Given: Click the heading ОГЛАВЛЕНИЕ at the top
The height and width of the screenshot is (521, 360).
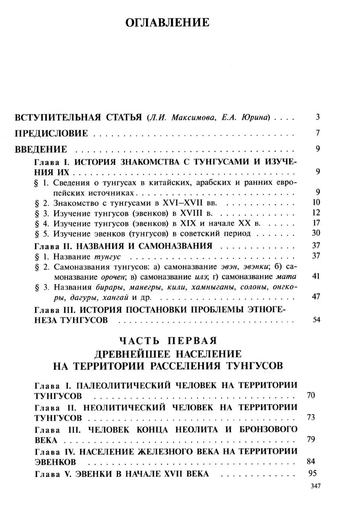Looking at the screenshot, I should pyautogui.click(x=167, y=23).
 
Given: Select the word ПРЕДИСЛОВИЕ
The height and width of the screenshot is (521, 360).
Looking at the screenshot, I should pyautogui.click(x=51, y=134).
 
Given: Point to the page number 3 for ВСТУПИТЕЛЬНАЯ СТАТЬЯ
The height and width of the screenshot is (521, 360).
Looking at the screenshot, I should pyautogui.click(x=318, y=117).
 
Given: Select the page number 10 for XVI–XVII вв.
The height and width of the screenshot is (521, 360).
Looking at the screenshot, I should pyautogui.click(x=316, y=202).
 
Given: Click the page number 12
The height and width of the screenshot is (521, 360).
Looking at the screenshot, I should pyautogui.click(x=316, y=213).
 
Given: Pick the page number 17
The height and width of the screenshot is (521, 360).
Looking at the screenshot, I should pyautogui.click(x=316, y=223).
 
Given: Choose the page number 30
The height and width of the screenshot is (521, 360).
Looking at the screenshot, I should pyautogui.click(x=316, y=233).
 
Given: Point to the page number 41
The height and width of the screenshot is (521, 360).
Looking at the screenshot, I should pyautogui.click(x=316, y=276).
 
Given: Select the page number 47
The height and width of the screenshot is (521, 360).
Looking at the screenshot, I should pyautogui.click(x=316, y=296).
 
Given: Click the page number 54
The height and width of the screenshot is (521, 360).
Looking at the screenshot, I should pyautogui.click(x=316, y=320).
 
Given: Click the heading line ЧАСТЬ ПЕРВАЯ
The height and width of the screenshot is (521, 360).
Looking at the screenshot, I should pyautogui.click(x=168, y=341).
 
